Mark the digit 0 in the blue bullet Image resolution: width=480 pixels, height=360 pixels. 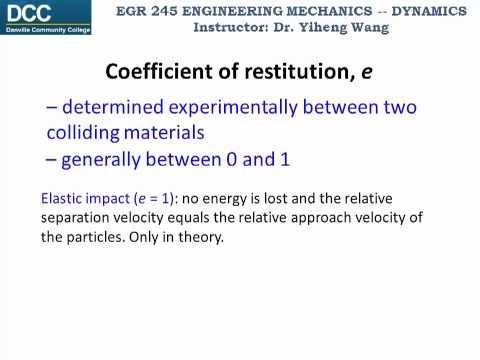click(255, 158)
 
